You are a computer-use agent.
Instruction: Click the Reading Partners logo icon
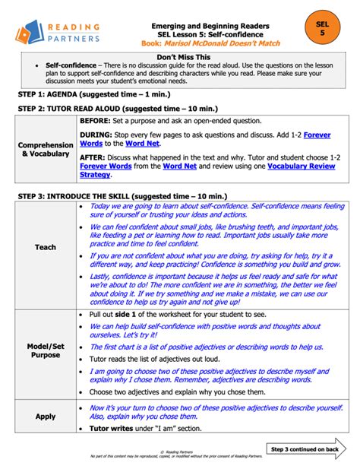(x=29, y=33)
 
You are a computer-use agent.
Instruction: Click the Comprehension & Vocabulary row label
(x=46, y=149)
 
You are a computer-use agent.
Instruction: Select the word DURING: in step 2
(x=98, y=134)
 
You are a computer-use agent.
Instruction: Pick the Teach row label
(x=46, y=247)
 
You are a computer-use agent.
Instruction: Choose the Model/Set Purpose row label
(x=46, y=350)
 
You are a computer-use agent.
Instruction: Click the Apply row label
(x=46, y=417)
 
